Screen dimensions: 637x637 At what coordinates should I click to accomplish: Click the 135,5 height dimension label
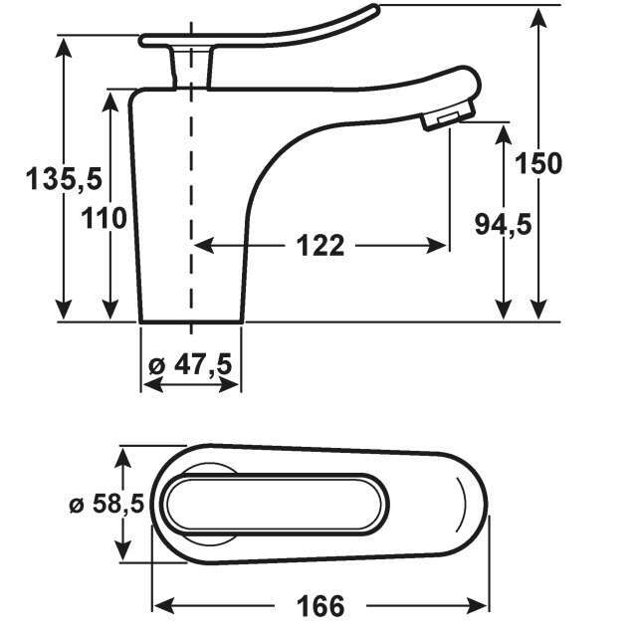click(x=64, y=179)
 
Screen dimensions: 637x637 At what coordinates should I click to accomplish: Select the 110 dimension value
click(x=104, y=218)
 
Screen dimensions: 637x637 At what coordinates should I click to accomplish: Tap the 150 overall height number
click(x=538, y=163)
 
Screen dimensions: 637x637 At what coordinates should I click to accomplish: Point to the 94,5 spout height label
click(x=503, y=225)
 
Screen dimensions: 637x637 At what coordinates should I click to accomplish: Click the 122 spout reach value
click(x=320, y=246)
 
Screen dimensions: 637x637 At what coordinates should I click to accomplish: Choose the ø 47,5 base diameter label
click(x=190, y=364)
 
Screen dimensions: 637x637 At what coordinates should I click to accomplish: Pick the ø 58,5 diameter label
click(x=106, y=505)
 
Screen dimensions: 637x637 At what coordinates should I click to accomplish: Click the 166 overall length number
click(x=320, y=606)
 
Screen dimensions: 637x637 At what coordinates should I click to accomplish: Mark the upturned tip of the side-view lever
click(x=374, y=9)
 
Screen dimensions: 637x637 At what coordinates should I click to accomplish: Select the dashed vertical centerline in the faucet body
click(x=191, y=179)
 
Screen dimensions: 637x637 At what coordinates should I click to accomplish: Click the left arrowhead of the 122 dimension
click(x=204, y=246)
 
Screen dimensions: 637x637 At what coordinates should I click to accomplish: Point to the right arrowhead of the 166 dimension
click(x=478, y=606)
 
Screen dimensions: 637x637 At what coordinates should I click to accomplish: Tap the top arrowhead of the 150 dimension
click(x=539, y=18)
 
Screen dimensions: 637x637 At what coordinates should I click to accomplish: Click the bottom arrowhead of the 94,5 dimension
click(x=504, y=310)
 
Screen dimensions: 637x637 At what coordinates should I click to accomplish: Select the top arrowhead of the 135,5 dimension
click(x=64, y=47)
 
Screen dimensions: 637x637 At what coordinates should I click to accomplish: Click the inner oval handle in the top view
click(x=275, y=504)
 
